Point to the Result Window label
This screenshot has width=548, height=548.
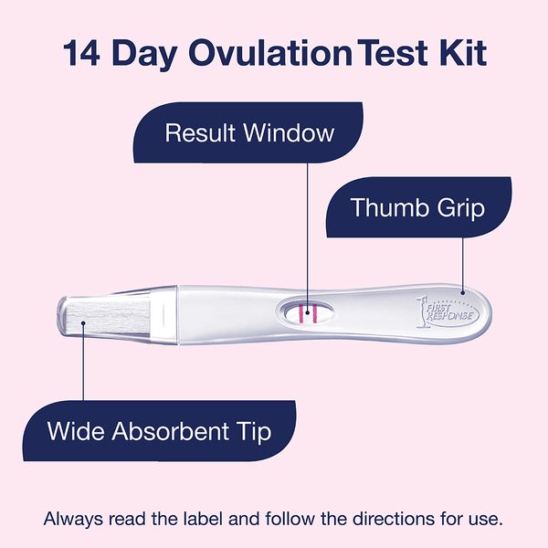[x=249, y=133]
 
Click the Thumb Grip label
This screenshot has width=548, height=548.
[x=417, y=207]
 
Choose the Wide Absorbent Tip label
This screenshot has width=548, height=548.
[x=160, y=431]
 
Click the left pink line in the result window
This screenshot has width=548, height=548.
[x=300, y=316]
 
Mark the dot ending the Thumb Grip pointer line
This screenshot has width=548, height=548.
[x=463, y=294]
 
